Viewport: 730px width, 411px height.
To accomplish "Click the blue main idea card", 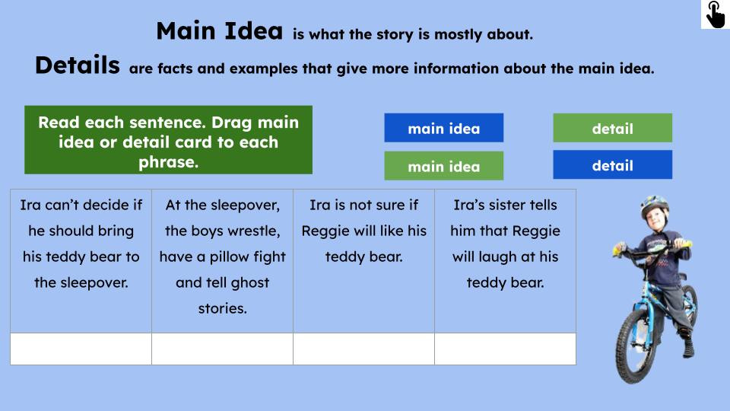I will [x=443, y=128].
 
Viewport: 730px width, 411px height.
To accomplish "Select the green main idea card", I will [x=443, y=166].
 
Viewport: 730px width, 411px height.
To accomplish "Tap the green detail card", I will [x=612, y=128].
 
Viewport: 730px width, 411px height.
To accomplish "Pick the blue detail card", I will [x=612, y=164].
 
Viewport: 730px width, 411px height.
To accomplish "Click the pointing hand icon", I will [x=715, y=14].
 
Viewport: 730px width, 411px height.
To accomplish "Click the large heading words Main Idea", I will [x=219, y=32].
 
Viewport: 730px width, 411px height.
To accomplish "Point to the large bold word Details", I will [x=77, y=65].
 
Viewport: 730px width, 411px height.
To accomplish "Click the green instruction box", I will [x=168, y=141].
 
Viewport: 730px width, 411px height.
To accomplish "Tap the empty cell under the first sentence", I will [x=81, y=349].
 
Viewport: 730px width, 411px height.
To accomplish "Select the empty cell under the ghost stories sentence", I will [x=222, y=349].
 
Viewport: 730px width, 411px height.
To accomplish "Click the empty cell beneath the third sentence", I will [x=363, y=349].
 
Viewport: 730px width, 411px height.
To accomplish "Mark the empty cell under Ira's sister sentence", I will [x=505, y=349].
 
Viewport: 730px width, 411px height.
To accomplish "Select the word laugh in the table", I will [x=509, y=256].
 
